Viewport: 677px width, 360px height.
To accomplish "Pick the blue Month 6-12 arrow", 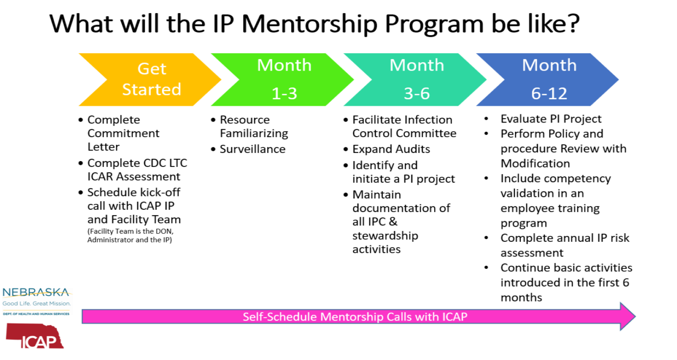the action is [x=547, y=80].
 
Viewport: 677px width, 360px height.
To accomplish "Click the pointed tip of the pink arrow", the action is [x=635, y=317].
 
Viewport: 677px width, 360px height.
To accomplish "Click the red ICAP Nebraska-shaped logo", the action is [x=35, y=336].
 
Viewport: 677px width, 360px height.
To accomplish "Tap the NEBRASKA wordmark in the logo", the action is [x=36, y=292].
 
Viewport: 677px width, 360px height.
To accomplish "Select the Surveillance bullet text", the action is [x=253, y=149].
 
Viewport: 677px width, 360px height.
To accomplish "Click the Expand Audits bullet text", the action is [x=391, y=149].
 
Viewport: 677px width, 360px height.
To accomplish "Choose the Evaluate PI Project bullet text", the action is [x=551, y=119].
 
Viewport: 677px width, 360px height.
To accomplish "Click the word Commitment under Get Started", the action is [x=123, y=133].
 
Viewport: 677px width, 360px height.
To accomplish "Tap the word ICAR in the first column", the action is [x=101, y=177].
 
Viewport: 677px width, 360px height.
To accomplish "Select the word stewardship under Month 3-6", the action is [x=385, y=236].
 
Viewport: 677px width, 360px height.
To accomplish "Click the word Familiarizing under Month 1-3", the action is [x=254, y=133].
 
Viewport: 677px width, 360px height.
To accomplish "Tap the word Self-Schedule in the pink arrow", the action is [x=280, y=317].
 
